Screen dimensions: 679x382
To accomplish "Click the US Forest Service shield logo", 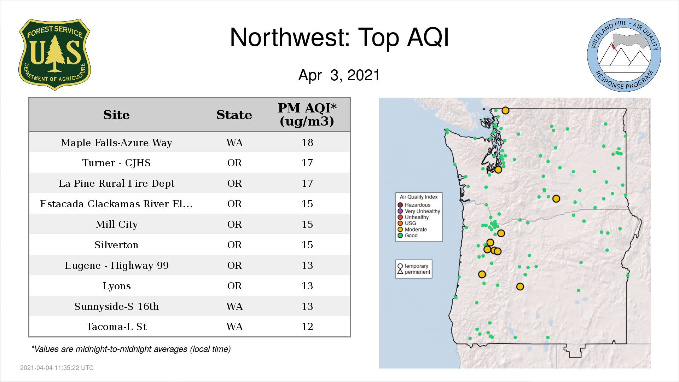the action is click(x=54, y=55).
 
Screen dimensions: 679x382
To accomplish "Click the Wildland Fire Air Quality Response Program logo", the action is click(x=624, y=55).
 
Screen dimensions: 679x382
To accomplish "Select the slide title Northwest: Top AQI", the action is click(x=339, y=37).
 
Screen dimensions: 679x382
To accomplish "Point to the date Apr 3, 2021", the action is click(x=339, y=75).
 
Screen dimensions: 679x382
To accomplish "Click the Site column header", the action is click(x=116, y=115).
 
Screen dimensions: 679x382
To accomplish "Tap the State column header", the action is click(x=234, y=115).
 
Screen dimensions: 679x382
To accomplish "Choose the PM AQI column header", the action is click(x=307, y=115).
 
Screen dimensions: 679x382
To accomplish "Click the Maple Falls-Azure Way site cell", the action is click(x=116, y=143).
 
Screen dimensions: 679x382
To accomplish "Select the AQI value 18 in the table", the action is click(x=307, y=143).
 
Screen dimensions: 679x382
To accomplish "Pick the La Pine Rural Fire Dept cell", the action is click(x=116, y=183).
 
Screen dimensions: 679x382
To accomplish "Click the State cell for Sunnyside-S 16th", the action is click(x=234, y=306).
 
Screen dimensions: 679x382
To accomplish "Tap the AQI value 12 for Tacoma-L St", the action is click(x=307, y=326).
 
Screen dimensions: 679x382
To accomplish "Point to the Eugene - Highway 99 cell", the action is click(x=116, y=265).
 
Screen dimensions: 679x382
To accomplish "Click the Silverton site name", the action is click(x=116, y=245).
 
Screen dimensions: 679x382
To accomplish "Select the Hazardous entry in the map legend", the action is click(x=414, y=205).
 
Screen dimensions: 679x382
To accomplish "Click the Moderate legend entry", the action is click(x=412, y=230).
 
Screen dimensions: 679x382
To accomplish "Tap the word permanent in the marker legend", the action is click(x=417, y=272).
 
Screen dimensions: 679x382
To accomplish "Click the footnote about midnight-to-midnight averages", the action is click(x=131, y=349).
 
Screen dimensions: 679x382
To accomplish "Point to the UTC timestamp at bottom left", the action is click(x=57, y=368).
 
